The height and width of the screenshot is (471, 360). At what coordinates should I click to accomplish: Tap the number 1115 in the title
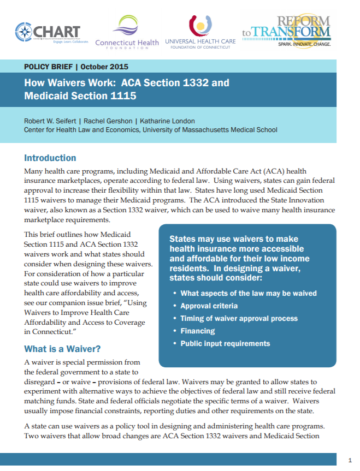click(121, 96)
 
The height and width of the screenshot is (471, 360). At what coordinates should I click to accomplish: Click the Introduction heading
click(50, 158)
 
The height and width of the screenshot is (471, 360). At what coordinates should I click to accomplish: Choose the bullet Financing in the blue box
click(197, 331)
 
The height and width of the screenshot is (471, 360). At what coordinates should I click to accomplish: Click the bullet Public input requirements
click(225, 344)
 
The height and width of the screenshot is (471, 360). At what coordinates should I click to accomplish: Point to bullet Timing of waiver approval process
click(239, 319)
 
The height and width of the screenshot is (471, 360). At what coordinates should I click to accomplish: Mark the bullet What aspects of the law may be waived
click(249, 294)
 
